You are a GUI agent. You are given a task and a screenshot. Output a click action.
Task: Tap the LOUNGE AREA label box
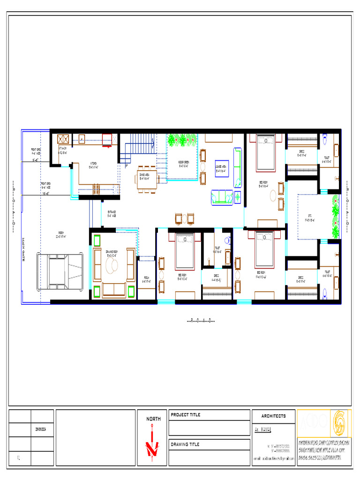point(222,168)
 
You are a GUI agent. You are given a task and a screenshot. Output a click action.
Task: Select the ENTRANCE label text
point(112,214)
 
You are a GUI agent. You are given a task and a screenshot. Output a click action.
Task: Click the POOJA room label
point(146,280)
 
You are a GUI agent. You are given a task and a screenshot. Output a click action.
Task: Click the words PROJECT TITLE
point(185,415)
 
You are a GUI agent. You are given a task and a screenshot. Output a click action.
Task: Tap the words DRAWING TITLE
point(185,444)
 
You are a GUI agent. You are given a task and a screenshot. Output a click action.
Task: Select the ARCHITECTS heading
point(273,416)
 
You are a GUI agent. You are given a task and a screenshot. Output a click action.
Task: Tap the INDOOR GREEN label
point(183,163)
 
